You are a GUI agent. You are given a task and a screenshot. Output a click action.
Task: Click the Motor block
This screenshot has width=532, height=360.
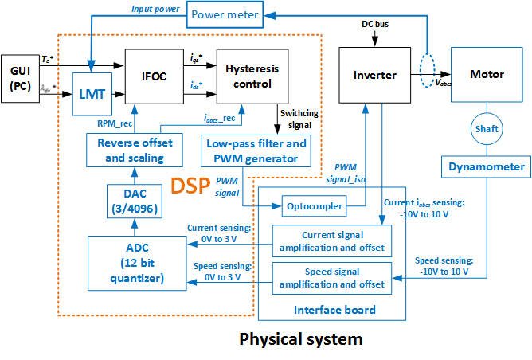click(487, 75)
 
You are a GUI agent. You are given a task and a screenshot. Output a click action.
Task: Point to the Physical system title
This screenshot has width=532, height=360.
click(301, 339)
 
